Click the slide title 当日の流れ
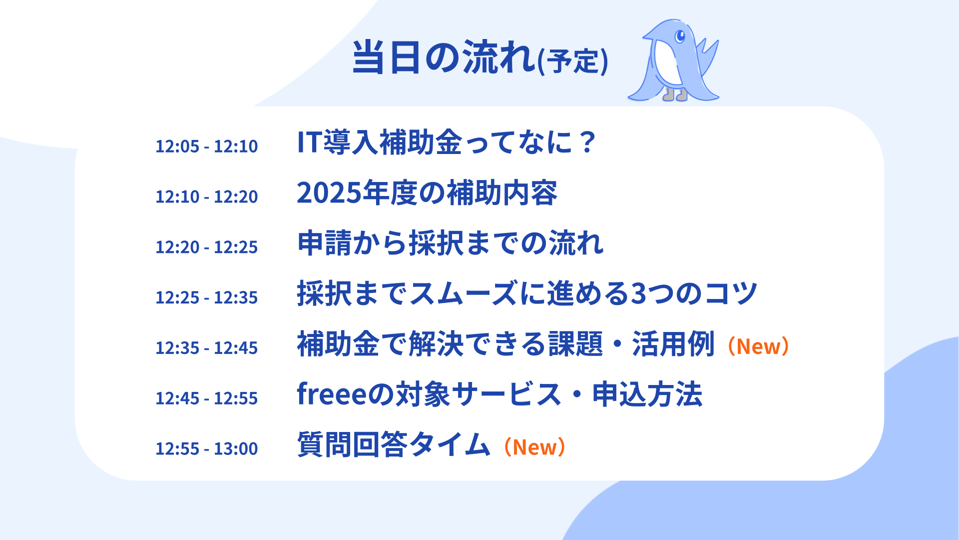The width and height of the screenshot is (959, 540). coord(444,57)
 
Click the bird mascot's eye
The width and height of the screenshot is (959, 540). coord(679,36)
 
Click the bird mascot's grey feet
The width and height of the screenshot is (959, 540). coord(675,94)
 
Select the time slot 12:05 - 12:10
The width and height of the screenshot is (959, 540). coord(206,146)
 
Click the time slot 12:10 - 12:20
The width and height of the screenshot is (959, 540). coord(206,196)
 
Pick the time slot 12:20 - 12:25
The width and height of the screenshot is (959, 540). coord(206,247)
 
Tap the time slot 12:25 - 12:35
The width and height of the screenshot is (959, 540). coord(206,297)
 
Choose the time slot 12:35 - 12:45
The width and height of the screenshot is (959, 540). coord(206,347)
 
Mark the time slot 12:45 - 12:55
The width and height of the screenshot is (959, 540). coord(206,398)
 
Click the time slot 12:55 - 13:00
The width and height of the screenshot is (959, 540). coord(206,448)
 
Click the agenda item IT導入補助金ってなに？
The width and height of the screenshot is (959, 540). coord(446,142)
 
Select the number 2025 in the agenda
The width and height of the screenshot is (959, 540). coord(329,193)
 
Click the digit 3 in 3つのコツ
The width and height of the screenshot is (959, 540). coord(640,293)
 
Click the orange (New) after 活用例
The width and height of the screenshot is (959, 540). coord(758,346)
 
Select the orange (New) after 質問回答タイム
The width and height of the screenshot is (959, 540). coord(534,447)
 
